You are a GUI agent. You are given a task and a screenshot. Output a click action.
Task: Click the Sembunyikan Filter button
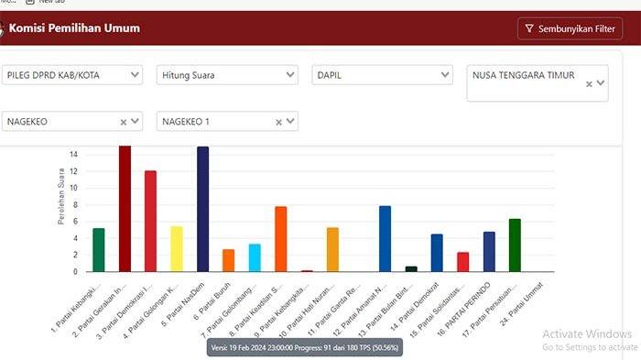[570, 28]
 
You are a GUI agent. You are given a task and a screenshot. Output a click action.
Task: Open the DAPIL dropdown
[381, 74]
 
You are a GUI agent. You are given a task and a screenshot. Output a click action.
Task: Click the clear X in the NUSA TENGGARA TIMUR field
[589, 84]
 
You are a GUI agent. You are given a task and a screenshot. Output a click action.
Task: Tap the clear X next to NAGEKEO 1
[278, 121]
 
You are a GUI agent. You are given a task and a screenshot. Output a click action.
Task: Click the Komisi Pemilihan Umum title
[74, 28]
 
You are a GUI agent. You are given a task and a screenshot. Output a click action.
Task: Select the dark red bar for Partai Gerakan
[125, 209]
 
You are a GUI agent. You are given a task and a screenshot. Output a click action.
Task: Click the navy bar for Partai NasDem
[202, 209]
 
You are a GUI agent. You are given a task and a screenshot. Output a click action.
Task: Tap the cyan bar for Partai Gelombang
[255, 257]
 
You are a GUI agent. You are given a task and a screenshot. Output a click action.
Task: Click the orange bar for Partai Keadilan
[281, 239]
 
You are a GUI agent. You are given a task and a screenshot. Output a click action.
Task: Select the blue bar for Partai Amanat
[385, 238]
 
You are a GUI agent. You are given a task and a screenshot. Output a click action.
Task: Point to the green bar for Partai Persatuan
[515, 245]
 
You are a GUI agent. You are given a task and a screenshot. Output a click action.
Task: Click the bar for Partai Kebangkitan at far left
[99, 249]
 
